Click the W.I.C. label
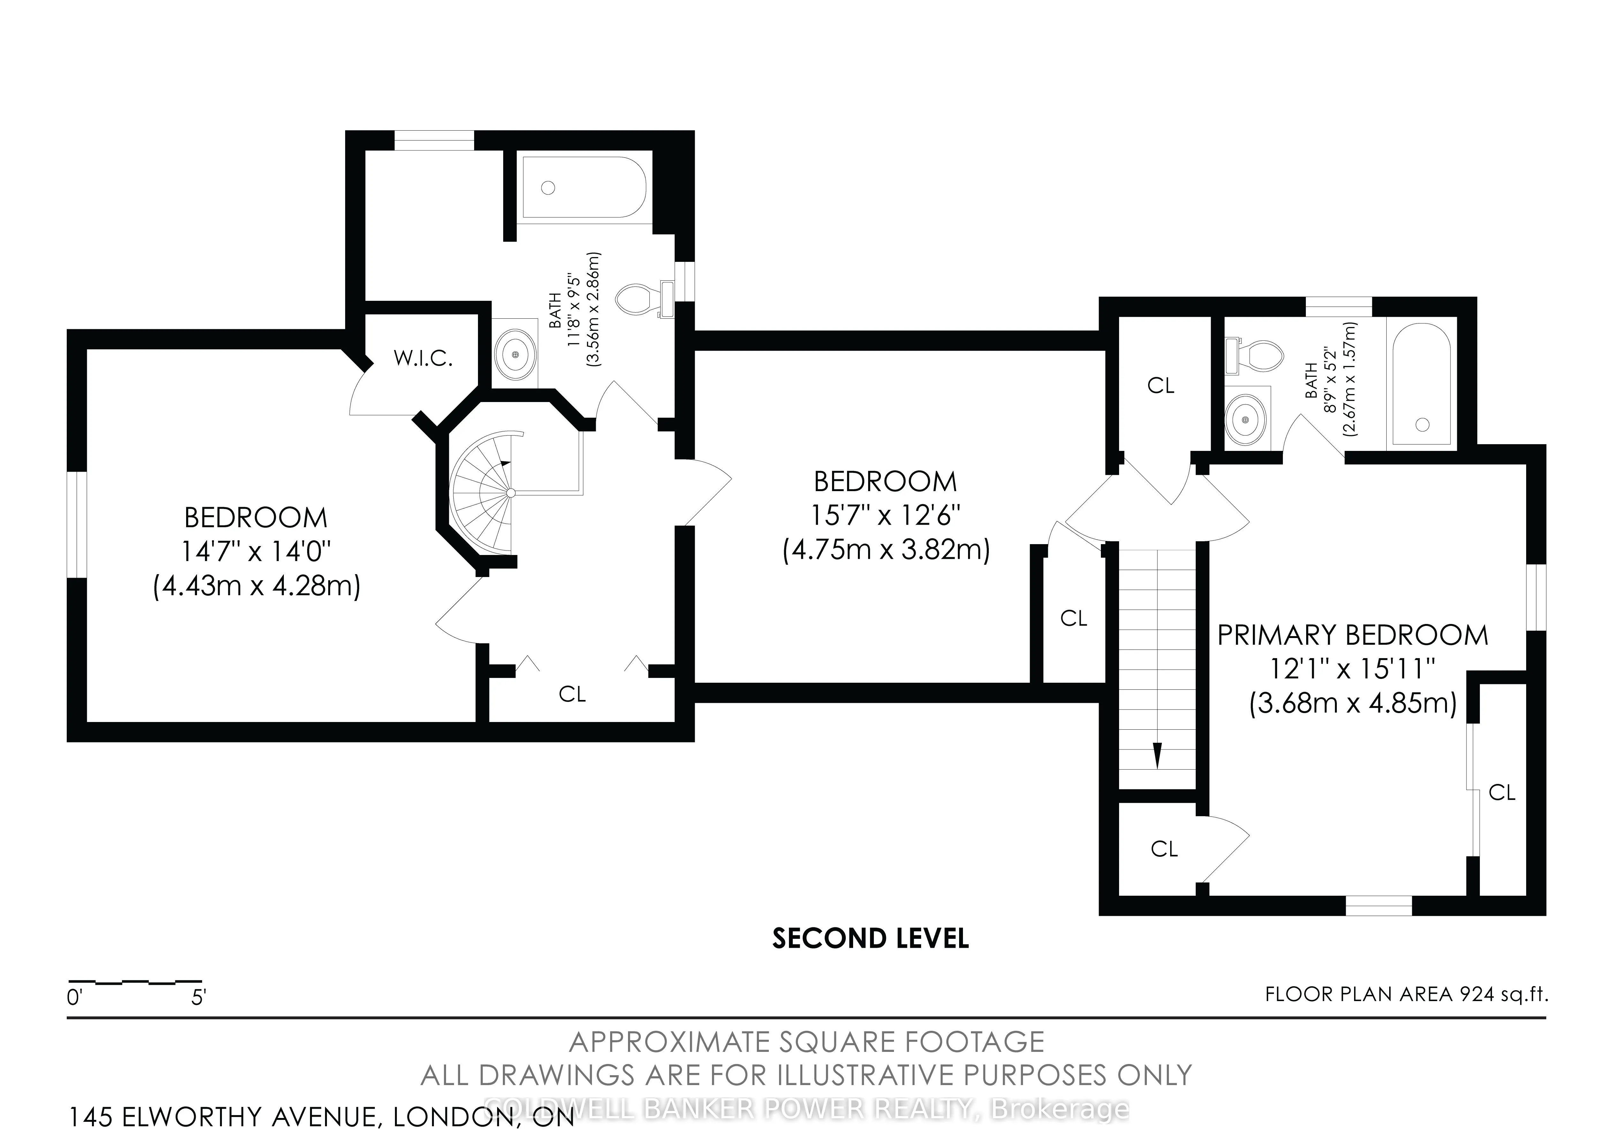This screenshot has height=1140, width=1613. (423, 359)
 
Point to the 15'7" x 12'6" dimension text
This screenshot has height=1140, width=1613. (885, 516)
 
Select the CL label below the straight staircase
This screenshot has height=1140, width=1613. (1164, 849)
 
